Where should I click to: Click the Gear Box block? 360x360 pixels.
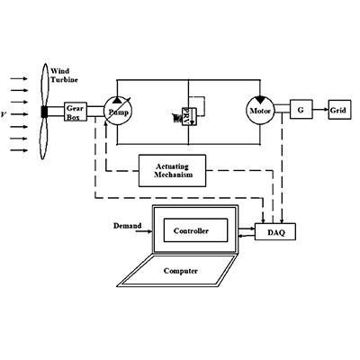(x=76, y=112)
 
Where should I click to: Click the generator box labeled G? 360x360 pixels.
(x=301, y=110)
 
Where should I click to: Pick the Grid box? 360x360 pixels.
(x=339, y=110)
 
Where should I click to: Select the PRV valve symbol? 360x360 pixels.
(x=189, y=116)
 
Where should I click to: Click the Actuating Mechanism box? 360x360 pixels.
(x=172, y=171)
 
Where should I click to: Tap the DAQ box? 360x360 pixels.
(x=275, y=231)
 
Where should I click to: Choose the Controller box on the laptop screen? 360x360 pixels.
(x=195, y=230)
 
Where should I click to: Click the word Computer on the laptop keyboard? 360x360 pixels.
(x=181, y=271)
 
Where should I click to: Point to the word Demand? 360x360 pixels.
(x=127, y=226)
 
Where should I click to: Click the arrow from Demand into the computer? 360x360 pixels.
(x=144, y=231)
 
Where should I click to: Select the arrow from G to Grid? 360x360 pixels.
(x=320, y=110)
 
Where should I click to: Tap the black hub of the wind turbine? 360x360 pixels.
(x=44, y=112)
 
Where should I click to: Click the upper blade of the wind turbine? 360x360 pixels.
(x=45, y=85)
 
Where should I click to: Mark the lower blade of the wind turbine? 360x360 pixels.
(x=44, y=139)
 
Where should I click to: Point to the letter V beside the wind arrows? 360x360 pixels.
(x=4, y=114)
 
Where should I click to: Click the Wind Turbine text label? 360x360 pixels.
(x=64, y=76)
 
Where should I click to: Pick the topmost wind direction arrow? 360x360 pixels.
(x=19, y=78)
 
